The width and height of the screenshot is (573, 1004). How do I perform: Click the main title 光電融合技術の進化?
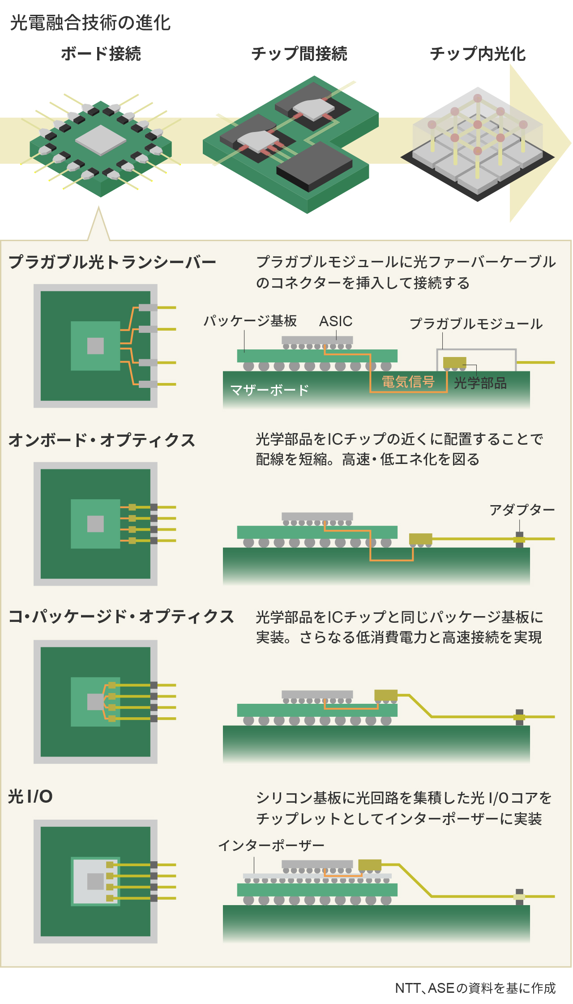click(x=90, y=23)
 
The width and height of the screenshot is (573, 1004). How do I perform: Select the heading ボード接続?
click(x=101, y=54)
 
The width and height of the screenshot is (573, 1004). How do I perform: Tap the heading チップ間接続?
click(x=299, y=54)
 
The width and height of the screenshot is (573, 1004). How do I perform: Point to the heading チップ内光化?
click(x=478, y=54)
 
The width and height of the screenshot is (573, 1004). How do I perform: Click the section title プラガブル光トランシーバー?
click(x=112, y=262)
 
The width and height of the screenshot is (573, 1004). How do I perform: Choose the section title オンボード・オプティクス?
click(x=102, y=440)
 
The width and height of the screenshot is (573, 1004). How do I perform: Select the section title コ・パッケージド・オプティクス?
click(x=121, y=617)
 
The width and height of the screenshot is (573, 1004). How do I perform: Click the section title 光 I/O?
click(x=30, y=796)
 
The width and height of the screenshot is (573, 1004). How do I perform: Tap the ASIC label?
click(x=336, y=321)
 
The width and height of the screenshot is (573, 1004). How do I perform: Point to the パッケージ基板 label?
click(x=250, y=321)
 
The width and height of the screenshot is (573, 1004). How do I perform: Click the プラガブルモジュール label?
click(x=476, y=323)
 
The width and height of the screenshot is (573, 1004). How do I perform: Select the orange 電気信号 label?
click(x=408, y=382)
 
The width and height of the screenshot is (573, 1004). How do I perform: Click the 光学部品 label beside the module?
click(x=480, y=383)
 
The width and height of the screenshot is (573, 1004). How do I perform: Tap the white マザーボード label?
click(x=269, y=390)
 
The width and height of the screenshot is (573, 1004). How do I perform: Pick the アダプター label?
click(x=522, y=510)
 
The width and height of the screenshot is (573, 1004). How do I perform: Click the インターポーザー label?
click(x=271, y=845)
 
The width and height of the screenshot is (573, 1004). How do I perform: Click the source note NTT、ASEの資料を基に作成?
click(x=475, y=988)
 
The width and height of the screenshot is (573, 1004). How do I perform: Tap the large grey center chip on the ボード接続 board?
click(x=101, y=140)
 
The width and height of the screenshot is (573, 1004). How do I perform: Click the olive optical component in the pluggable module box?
click(x=454, y=362)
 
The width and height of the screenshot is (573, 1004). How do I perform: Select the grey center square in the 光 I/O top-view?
click(x=95, y=881)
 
